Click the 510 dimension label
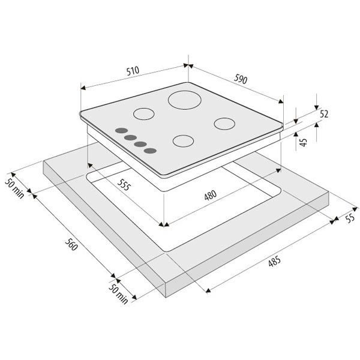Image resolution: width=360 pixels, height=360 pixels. pos(133,71)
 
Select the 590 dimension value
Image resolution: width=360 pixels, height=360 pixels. pos(241,79)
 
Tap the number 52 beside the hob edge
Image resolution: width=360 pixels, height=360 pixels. pos(324,114)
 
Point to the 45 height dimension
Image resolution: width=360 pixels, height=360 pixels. pos(304,142)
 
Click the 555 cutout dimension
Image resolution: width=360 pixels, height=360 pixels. pos(124,185)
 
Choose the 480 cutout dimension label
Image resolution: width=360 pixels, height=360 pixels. pos(211,195)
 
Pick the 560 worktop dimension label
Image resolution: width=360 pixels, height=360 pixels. pos(71,244)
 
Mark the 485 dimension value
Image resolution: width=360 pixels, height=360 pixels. pos(274,261)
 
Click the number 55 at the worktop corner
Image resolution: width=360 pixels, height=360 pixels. pos(350,218)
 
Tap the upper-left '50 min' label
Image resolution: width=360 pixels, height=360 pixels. pos(14,188)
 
